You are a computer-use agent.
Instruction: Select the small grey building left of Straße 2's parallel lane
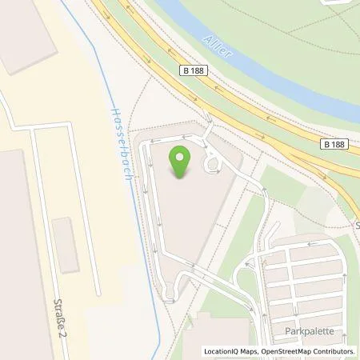click(65, 243)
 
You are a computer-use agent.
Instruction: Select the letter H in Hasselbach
click(114, 112)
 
